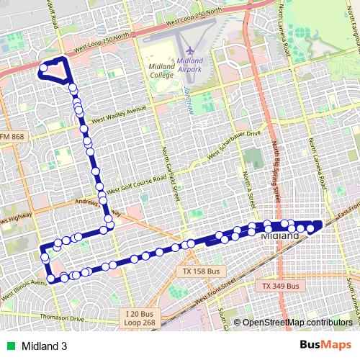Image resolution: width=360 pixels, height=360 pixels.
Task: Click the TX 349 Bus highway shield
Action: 277,286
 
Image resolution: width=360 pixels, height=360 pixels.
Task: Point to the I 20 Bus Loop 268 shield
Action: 140,318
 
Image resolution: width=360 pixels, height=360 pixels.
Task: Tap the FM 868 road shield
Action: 12,137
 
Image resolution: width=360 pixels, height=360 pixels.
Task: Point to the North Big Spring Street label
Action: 275,166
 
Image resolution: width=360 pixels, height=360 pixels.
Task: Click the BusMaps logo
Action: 325,344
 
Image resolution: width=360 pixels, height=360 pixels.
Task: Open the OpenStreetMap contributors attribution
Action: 297,323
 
